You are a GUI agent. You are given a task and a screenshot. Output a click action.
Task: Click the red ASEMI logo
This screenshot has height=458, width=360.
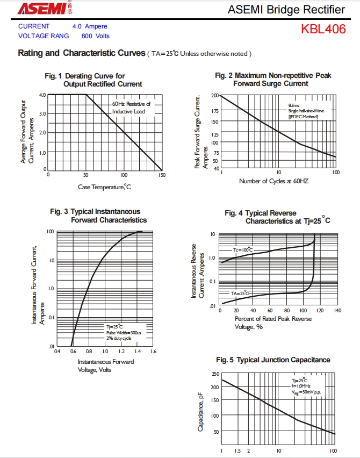point(41,8)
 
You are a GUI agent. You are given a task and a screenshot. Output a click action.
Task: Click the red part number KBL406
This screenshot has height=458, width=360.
point(323,29)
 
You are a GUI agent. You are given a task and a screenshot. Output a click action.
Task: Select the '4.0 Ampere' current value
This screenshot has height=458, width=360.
point(90,26)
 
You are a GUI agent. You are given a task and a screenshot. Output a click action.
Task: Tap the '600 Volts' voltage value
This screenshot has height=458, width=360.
point(95,36)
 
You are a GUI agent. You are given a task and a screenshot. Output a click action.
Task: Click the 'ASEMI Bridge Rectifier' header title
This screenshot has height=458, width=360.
point(286,9)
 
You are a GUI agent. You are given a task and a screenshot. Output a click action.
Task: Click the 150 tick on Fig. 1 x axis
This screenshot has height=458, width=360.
point(162,175)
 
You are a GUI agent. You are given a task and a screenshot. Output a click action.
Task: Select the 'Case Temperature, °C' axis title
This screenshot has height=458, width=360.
point(104,187)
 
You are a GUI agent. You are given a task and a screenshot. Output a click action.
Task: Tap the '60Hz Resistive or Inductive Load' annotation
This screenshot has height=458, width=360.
point(132,108)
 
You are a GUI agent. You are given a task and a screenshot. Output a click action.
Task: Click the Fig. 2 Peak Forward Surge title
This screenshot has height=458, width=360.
point(273,80)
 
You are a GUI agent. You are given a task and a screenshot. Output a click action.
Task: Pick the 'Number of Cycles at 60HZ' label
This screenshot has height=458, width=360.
point(273,181)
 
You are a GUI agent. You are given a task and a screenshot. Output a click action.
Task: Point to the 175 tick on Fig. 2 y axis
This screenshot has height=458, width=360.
point(215,111)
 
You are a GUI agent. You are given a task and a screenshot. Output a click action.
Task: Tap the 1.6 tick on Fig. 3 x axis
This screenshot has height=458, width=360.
point(153,352)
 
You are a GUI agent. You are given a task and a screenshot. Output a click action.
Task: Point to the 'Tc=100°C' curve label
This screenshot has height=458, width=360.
point(242,251)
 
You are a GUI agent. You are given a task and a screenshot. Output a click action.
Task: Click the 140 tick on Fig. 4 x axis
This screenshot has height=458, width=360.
point(337,311)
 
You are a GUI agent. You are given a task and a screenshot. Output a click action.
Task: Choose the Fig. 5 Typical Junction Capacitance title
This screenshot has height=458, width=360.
point(273,360)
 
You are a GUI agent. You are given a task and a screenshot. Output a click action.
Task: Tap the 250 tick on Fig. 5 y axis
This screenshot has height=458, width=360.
point(215,374)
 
